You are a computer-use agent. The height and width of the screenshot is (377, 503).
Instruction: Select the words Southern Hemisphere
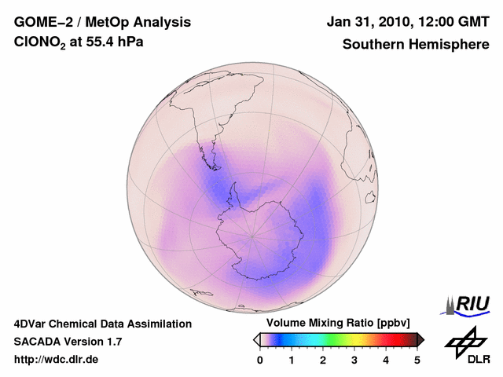pos(416,45)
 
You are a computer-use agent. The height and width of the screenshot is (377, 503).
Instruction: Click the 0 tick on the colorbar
pos(260,360)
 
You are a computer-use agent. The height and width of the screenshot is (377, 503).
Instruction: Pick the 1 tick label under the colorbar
pos(292,360)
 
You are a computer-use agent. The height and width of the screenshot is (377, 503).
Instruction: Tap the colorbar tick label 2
pos(323,360)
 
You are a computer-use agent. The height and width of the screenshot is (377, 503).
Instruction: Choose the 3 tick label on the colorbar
pos(354,360)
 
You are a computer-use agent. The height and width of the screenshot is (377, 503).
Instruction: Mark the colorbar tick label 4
pos(386,360)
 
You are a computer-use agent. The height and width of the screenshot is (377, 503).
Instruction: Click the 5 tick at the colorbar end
pos(417,360)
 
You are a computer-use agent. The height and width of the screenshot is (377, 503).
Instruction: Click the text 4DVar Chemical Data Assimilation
pos(103,324)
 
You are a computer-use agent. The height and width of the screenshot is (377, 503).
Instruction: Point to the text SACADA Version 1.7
pos(68,342)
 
